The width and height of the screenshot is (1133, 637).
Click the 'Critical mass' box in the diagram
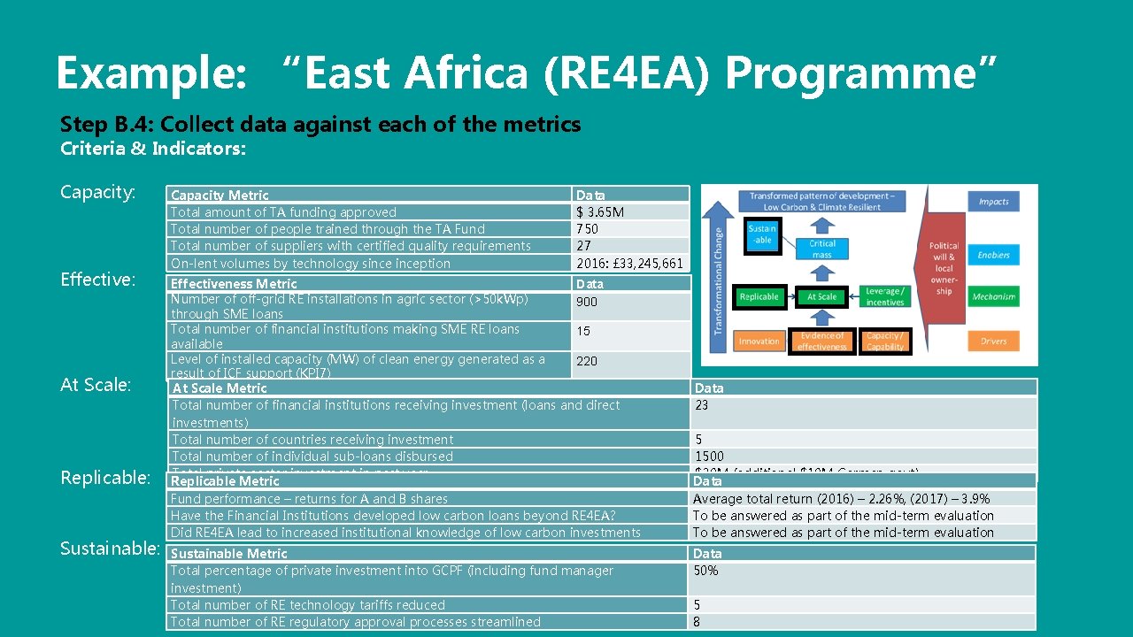[821, 249]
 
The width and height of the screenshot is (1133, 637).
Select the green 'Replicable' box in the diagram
[759, 297]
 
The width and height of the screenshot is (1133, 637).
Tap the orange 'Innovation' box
[759, 341]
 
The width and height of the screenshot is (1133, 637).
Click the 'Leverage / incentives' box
[884, 297]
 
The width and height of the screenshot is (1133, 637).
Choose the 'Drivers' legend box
[993, 341]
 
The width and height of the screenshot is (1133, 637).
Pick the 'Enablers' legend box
[993, 255]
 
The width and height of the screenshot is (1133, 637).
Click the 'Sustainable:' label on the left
[110, 549]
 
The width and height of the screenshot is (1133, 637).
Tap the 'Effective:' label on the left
[97, 280]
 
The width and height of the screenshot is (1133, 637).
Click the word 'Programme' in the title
[860, 73]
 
